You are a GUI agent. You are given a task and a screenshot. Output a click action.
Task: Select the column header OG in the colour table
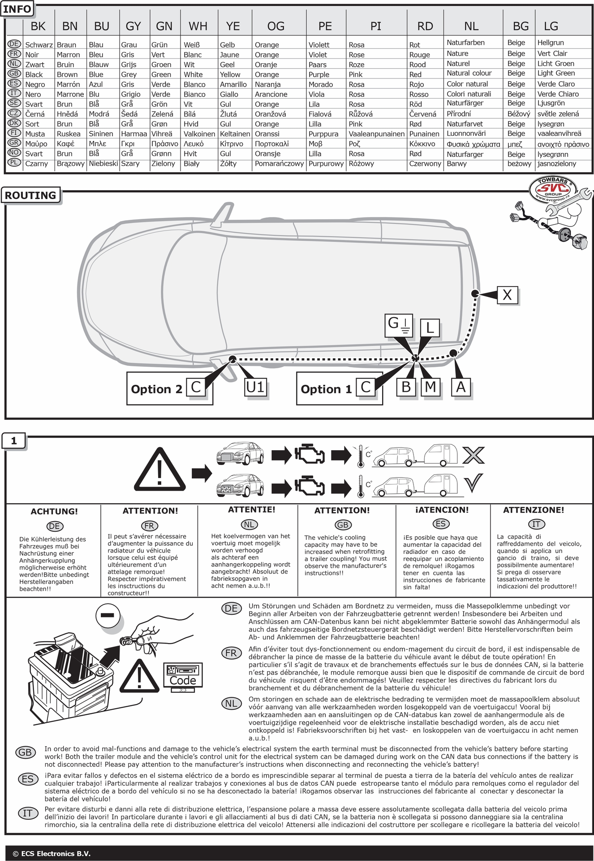pyautogui.click(x=275, y=26)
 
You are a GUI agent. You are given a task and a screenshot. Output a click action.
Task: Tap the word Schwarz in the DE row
pyautogui.click(x=39, y=45)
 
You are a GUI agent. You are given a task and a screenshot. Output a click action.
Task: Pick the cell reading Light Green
pyautogui.click(x=556, y=73)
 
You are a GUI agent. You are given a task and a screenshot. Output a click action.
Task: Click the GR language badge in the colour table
pyautogui.click(x=15, y=143)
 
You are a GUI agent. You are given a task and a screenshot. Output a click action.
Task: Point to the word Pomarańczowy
pyautogui.click(x=279, y=164)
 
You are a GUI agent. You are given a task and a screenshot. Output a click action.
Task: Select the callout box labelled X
pyautogui.click(x=507, y=295)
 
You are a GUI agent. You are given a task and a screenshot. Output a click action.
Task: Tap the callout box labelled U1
pyautogui.click(x=255, y=387)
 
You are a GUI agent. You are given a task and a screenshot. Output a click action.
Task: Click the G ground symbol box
pyautogui.click(x=399, y=325)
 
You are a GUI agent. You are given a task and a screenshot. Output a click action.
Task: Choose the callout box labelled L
pyautogui.click(x=430, y=328)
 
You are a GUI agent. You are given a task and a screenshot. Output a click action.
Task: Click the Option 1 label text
pyautogui.click(x=326, y=389)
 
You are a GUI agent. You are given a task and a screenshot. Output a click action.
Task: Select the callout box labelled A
pyautogui.click(x=461, y=387)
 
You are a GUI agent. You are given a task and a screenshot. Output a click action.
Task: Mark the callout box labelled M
pyautogui.click(x=430, y=387)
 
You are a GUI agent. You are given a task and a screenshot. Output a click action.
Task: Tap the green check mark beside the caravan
pyautogui.click(x=474, y=483)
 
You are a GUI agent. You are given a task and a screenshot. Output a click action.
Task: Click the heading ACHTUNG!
pyautogui.click(x=54, y=511)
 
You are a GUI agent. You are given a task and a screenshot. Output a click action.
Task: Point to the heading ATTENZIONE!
pyautogui.click(x=534, y=510)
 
